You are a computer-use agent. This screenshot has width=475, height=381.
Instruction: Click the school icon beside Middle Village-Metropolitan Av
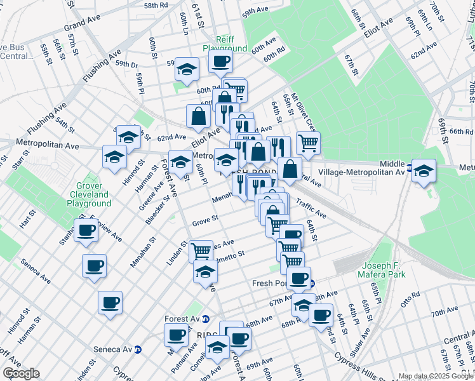424,171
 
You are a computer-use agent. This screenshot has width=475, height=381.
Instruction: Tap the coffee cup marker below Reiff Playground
220,62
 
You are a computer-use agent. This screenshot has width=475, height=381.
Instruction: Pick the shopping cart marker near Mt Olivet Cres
308,144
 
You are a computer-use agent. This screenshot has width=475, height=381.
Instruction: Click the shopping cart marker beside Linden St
201,251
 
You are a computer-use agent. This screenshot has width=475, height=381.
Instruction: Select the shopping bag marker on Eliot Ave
199,116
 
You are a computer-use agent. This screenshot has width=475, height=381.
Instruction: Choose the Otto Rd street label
407,297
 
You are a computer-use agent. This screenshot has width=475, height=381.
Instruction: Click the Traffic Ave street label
311,211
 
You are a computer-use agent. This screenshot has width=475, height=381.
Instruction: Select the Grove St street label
205,222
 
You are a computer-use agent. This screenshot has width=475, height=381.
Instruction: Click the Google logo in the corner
21,373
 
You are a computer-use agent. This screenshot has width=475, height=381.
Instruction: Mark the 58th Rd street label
155,5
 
